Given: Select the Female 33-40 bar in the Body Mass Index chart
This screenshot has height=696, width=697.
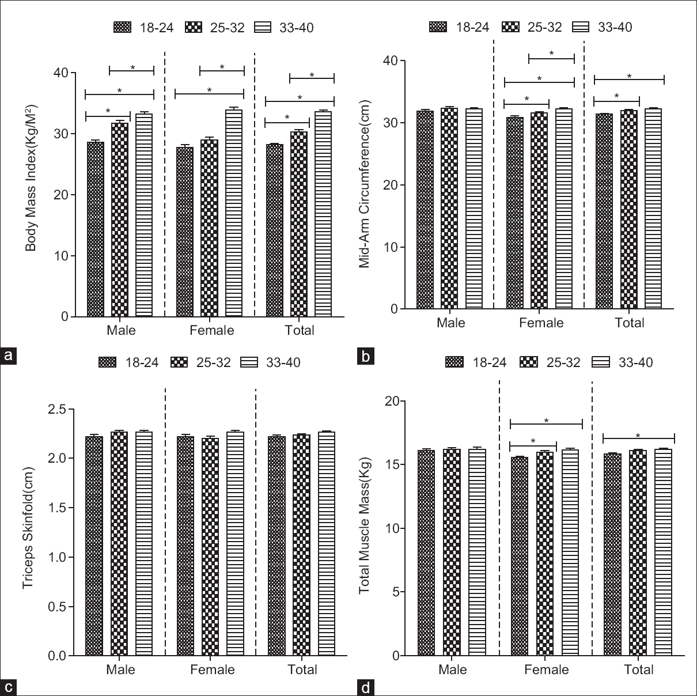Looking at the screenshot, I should tap(234, 213).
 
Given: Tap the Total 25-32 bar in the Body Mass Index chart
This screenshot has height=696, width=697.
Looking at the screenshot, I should tap(299, 224).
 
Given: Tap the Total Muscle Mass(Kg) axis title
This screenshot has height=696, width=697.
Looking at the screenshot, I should tap(364, 526).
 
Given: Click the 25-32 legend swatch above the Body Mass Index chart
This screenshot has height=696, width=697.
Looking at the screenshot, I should tap(194, 27).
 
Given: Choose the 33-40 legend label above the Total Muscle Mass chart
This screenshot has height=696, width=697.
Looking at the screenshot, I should tap(635, 362).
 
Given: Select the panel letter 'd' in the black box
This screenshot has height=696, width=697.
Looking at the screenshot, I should tap(365, 687).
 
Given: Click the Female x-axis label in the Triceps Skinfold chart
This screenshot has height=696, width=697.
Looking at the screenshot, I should tap(213, 669).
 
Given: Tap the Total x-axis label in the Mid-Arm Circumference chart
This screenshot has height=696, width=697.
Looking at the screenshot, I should tap(629, 323).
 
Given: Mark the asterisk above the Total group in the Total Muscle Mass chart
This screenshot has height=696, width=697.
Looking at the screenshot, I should tap(638, 436).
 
